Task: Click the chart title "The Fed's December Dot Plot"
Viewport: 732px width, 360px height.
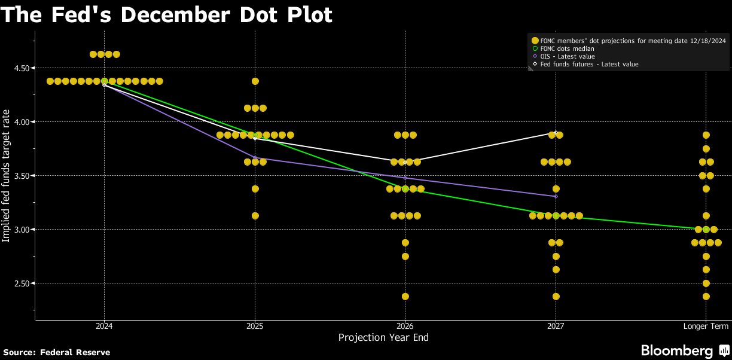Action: click(x=166, y=14)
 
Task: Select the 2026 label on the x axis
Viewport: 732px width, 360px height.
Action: click(x=405, y=326)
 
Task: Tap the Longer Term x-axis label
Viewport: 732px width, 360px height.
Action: click(x=706, y=326)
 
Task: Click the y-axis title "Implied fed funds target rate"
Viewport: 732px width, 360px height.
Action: click(x=6, y=176)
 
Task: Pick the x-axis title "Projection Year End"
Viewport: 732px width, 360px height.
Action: click(x=383, y=338)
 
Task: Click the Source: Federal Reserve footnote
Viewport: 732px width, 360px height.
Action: click(x=57, y=352)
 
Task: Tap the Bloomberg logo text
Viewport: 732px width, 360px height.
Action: click(x=677, y=350)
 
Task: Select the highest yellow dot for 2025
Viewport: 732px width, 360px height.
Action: click(x=255, y=81)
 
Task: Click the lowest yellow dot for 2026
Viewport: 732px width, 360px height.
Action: click(x=405, y=297)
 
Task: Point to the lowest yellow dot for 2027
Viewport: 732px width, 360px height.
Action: click(x=556, y=297)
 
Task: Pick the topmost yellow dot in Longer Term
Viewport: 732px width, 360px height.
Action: click(x=706, y=135)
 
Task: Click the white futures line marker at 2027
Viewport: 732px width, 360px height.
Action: click(x=556, y=133)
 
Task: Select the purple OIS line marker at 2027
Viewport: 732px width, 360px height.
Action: click(x=556, y=196)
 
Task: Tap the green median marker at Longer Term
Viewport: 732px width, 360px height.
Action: click(x=706, y=230)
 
